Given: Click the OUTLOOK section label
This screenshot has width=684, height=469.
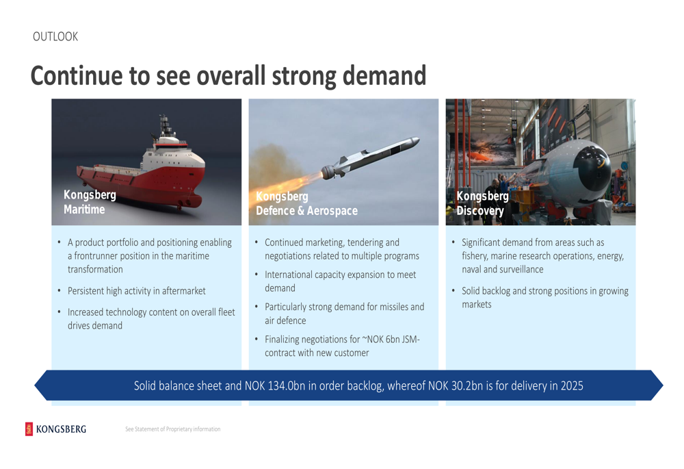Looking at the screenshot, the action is click(x=55, y=37).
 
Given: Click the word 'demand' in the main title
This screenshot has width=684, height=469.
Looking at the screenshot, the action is click(x=384, y=75).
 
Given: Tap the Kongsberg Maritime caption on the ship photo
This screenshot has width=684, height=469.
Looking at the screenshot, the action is click(x=90, y=202).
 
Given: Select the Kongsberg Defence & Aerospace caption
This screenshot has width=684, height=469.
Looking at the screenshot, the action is click(x=306, y=203).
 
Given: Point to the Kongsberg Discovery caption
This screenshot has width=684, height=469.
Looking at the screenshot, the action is click(x=482, y=203).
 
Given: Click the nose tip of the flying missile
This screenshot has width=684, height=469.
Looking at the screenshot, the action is click(x=418, y=140).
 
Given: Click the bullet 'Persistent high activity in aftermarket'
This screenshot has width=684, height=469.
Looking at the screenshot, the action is click(x=137, y=291).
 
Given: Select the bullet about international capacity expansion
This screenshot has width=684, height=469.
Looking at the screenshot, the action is click(x=340, y=281).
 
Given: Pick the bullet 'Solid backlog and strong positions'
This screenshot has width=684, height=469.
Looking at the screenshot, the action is click(x=545, y=297).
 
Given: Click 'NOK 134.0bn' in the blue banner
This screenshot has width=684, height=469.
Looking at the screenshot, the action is click(x=275, y=386).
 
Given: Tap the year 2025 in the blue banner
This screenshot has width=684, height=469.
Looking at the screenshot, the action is click(x=572, y=386).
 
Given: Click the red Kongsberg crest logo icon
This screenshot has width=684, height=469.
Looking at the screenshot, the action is click(x=29, y=429).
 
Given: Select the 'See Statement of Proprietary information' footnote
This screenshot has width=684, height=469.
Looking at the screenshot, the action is click(x=173, y=429).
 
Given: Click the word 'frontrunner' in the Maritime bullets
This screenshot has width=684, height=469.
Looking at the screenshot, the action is click(x=96, y=256).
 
